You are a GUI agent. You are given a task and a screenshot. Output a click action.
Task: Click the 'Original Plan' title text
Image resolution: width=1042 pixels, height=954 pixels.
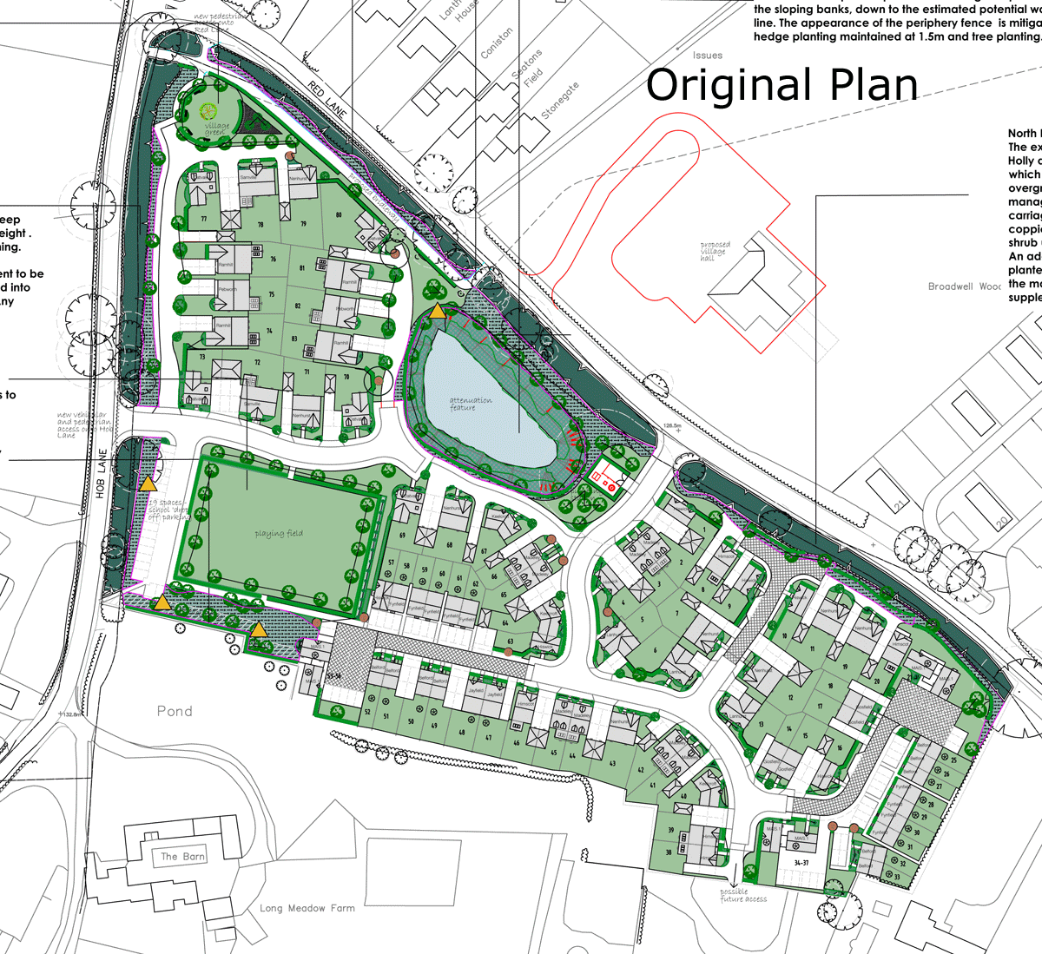click(781, 86)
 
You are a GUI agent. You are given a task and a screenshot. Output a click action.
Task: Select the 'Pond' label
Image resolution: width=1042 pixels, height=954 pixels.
click(175, 711)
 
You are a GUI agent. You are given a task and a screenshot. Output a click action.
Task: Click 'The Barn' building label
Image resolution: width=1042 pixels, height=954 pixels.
click(182, 857)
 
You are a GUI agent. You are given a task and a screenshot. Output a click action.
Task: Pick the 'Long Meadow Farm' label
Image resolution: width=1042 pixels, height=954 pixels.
click(307, 908)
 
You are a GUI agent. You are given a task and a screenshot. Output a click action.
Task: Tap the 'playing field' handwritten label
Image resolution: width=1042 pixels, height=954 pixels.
click(278, 534)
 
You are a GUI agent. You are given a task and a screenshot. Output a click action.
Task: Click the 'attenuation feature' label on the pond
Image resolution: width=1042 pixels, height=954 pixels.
click(470, 404)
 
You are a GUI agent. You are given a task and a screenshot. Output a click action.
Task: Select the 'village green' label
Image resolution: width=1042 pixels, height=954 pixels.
click(217, 128)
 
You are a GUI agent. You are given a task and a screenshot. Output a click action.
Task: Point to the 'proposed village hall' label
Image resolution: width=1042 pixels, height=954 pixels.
click(716, 251)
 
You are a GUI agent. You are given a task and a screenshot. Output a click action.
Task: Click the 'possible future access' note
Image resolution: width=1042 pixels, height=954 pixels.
click(743, 895)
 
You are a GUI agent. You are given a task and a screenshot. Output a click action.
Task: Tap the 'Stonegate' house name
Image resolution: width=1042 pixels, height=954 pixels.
click(559, 102)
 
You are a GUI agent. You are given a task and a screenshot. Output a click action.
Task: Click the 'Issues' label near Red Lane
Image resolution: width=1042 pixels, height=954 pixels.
click(708, 56)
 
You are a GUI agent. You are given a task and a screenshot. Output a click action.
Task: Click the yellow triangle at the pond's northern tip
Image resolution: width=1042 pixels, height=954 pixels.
click(439, 311)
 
